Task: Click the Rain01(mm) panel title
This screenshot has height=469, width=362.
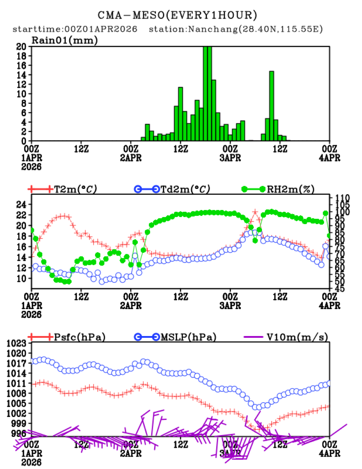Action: coord(64,40)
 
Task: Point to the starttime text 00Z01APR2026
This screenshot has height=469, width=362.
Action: coord(101,30)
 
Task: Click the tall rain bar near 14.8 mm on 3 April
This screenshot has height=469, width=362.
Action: coord(271,106)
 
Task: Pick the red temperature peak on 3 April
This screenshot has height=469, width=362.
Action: coord(255,212)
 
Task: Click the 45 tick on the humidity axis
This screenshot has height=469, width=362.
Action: coord(340,289)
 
